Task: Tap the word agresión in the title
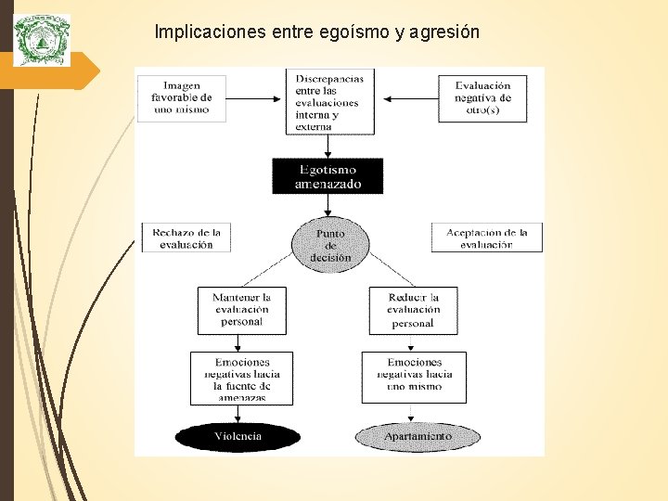click(443, 32)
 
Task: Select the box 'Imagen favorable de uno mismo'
click(181, 97)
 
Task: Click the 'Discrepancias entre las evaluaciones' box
click(328, 101)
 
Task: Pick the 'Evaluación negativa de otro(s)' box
click(482, 97)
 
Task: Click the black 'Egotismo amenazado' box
click(328, 176)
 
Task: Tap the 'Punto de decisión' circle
click(330, 245)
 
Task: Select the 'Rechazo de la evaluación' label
click(186, 238)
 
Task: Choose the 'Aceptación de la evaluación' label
click(486, 238)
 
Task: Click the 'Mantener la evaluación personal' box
click(241, 310)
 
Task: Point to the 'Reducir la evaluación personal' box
click(413, 310)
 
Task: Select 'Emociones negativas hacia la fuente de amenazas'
click(241, 378)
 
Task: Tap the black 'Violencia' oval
click(238, 436)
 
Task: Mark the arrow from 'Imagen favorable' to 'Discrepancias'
click(254, 97)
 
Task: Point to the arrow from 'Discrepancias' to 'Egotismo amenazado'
click(328, 147)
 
